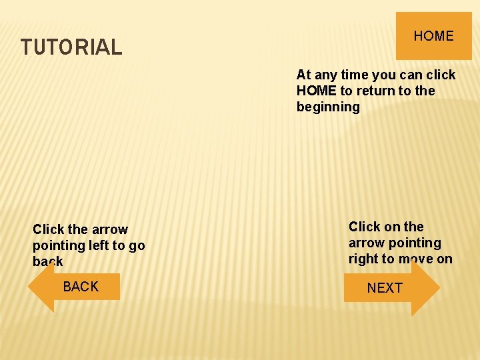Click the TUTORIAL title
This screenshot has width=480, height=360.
(71, 47)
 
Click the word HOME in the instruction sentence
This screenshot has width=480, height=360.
(317, 91)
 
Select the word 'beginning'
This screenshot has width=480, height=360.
(328, 107)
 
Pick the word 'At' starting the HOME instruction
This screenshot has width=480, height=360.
(303, 75)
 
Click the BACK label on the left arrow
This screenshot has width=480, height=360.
(81, 287)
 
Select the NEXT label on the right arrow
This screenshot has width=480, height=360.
(385, 288)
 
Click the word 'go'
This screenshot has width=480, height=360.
(137, 245)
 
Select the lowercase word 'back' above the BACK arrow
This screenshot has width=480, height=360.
(48, 261)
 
